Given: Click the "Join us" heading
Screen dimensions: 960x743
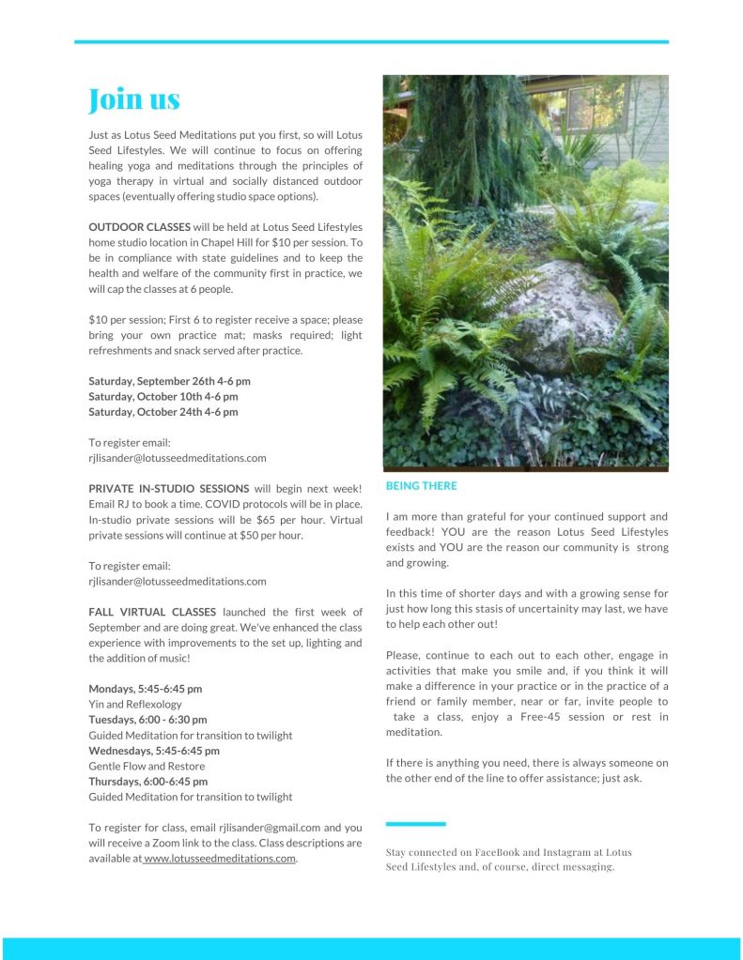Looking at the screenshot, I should pos(133,99).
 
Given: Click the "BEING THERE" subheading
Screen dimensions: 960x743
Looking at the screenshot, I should pos(422,486).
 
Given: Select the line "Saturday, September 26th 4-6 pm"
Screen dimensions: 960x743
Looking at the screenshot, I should pos(169,381).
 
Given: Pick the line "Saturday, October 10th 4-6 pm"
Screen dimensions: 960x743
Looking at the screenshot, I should pos(163,396).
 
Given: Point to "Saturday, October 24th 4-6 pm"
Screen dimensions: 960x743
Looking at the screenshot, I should pos(163,411).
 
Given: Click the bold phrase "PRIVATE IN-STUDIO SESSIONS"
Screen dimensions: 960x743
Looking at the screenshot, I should pos(169,489).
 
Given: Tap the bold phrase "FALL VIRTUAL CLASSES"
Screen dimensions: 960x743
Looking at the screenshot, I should pos(152,612).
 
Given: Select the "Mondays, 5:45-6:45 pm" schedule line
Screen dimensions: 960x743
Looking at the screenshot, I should pos(146,689).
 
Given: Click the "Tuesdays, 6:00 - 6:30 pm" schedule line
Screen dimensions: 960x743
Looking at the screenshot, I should pos(147,720).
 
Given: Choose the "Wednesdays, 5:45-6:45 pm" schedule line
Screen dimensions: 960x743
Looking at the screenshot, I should pos(154,751).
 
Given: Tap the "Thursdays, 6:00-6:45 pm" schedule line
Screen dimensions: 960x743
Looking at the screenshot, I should pos(148,781).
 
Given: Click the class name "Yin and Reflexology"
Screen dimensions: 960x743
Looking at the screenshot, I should pos(135,704).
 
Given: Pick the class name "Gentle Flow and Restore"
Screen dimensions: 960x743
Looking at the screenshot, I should pos(147,766).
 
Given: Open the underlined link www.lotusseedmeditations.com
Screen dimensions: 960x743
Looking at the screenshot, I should pos(220,859).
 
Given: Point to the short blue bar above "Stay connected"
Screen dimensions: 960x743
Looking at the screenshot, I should pos(415,824).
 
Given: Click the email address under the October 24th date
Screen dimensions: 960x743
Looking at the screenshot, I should pos(178,458).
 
